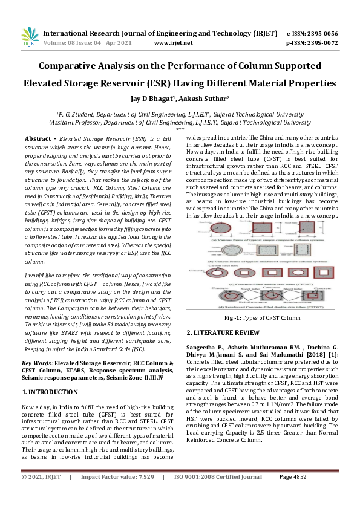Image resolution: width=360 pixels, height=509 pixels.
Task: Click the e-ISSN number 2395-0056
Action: (x=322, y=34)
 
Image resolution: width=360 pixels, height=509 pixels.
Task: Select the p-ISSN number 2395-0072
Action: (x=322, y=43)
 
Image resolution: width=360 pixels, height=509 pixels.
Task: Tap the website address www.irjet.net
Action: (x=174, y=43)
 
